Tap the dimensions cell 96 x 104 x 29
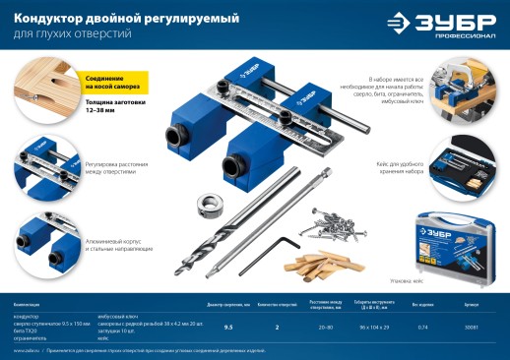pos(374,326)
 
